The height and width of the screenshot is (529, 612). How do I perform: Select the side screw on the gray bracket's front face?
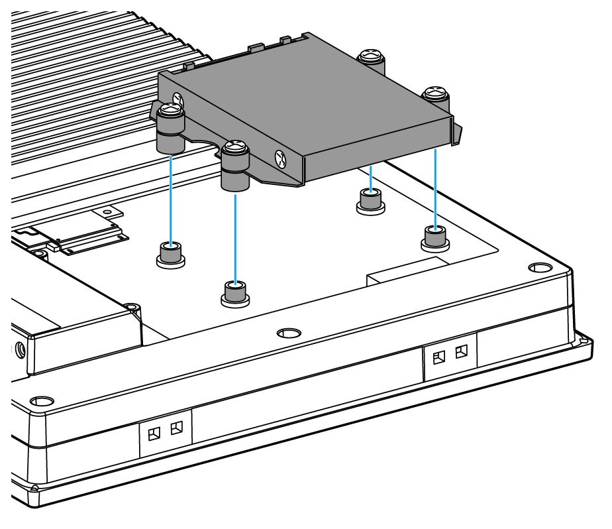(x=281, y=158)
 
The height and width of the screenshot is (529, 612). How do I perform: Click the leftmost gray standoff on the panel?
(x=171, y=253)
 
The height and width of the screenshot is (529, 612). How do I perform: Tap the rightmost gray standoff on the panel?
(x=435, y=237)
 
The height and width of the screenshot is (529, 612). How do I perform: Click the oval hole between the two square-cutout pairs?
(x=288, y=331)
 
